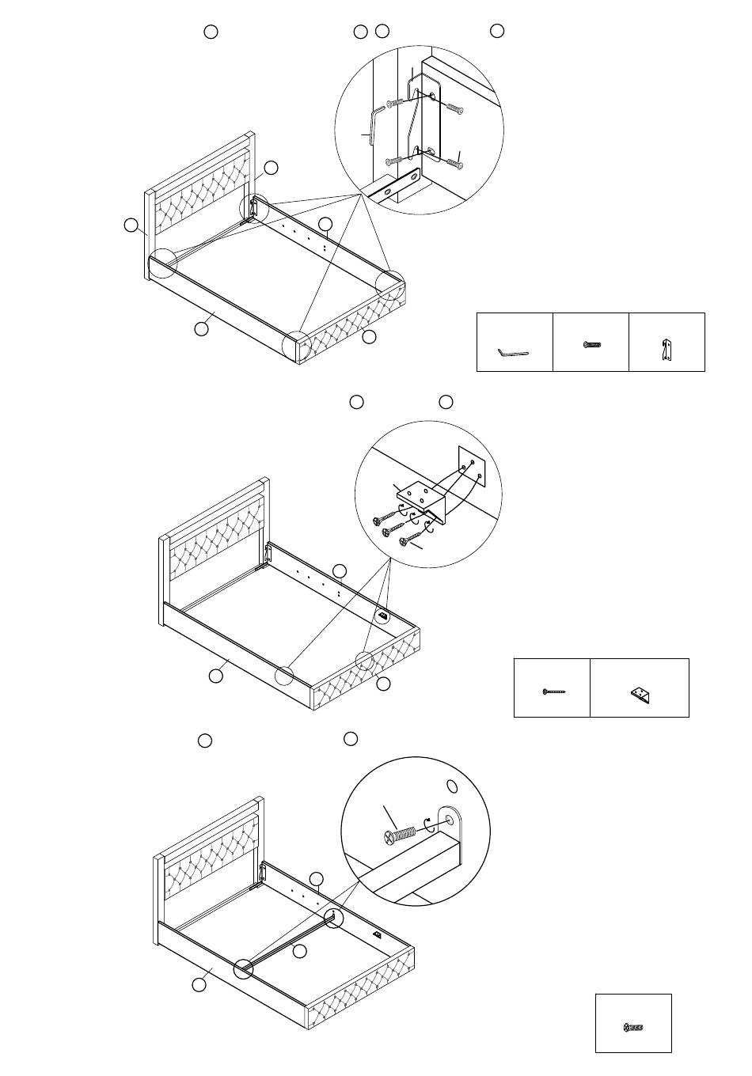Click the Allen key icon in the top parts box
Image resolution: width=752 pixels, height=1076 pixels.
tap(512, 352)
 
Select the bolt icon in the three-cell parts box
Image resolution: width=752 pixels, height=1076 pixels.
tap(593, 345)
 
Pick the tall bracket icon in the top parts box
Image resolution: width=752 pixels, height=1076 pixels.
tap(667, 350)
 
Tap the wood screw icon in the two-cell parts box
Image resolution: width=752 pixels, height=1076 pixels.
tap(553, 691)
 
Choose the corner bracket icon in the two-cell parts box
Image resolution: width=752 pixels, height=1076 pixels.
tap(640, 694)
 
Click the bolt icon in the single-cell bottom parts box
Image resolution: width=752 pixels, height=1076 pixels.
tap(633, 1028)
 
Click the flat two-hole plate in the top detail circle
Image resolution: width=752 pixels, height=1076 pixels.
tap(401, 187)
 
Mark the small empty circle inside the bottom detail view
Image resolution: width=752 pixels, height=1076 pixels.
tap(453, 786)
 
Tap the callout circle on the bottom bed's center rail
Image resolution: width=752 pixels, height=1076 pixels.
tap(298, 952)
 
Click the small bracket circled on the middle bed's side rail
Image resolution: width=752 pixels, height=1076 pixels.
tap(383, 614)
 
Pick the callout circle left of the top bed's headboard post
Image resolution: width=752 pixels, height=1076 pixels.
tap(131, 226)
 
